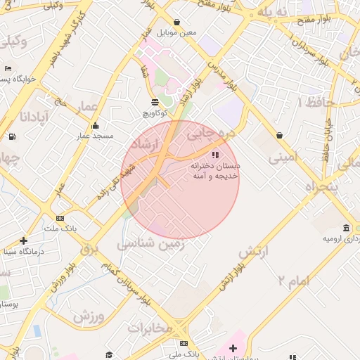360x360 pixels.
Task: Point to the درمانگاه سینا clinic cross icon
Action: pos(23,240)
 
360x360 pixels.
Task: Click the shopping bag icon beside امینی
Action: pos(280,135)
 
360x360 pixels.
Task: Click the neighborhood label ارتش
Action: pos(255,251)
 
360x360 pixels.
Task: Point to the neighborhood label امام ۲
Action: pos(293,281)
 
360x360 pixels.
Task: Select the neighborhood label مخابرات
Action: pos(150,328)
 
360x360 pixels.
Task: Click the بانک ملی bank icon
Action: pos(184,343)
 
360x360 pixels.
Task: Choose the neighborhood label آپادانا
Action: pos(34,116)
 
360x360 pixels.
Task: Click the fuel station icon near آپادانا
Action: pos(11,136)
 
